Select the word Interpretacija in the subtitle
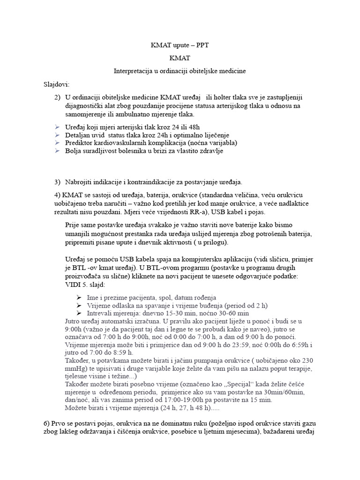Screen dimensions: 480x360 point(133,71)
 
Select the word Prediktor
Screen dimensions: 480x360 point(80,142)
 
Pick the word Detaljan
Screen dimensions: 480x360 point(78,135)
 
